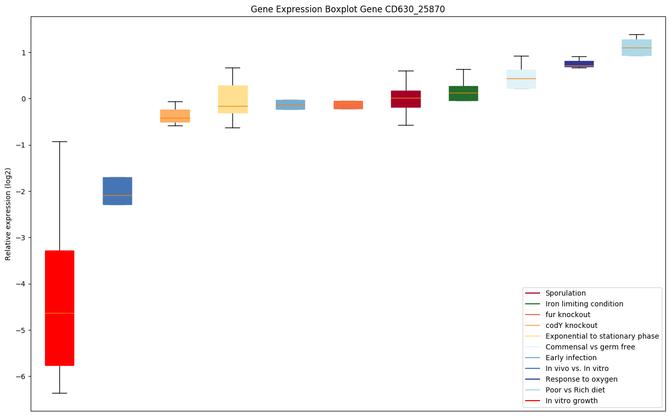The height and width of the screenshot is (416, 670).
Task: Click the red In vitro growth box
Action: (x=59, y=308)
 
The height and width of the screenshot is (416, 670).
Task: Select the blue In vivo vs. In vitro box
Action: (x=117, y=191)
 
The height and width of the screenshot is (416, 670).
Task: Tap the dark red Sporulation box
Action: (x=406, y=99)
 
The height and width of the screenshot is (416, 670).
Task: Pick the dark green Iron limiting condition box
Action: (x=463, y=93)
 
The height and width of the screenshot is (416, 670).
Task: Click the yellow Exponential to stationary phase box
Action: (x=232, y=99)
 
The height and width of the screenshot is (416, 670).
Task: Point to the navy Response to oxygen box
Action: (x=579, y=64)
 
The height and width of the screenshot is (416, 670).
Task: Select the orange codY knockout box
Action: (x=175, y=116)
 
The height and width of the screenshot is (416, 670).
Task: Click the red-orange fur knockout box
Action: (x=348, y=105)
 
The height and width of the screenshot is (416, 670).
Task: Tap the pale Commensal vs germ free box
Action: (x=521, y=79)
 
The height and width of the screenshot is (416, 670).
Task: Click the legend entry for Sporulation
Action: (x=565, y=293)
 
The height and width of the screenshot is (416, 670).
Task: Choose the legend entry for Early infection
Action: (x=571, y=358)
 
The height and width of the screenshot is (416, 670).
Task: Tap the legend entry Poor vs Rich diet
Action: (x=575, y=390)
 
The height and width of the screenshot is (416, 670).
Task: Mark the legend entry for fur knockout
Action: (x=568, y=315)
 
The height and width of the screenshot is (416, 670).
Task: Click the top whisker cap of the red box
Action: (x=59, y=141)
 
